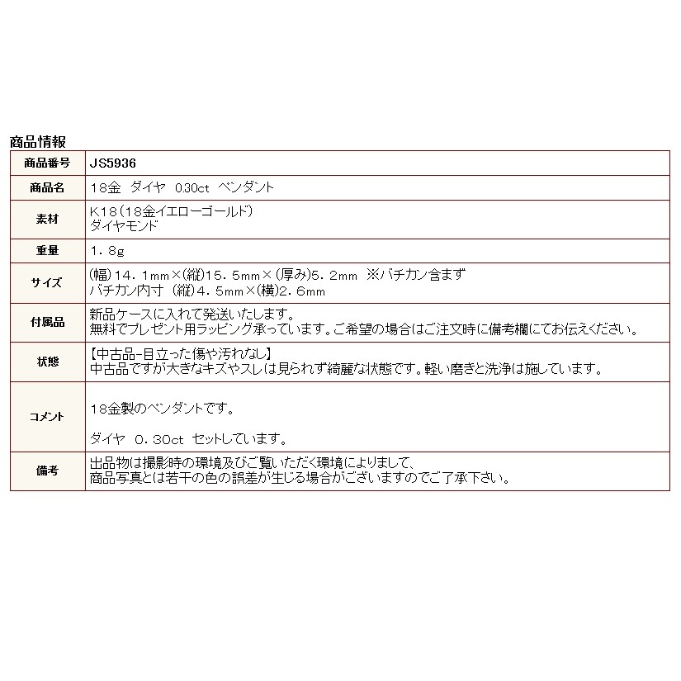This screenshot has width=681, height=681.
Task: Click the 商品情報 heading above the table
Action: (x=38, y=141)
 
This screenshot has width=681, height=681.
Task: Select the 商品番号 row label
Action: (x=48, y=163)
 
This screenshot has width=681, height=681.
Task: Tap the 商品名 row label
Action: (x=48, y=187)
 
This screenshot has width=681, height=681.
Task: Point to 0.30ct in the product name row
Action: (x=182, y=187)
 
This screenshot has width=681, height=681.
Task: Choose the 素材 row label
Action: (x=48, y=218)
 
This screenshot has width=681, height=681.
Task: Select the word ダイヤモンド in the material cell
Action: (x=124, y=225)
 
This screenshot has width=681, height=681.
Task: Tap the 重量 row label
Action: (x=48, y=249)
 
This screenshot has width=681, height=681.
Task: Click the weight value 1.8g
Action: (x=107, y=249)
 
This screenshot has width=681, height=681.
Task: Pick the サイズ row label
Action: (x=48, y=282)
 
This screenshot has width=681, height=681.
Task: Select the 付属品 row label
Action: (x=48, y=322)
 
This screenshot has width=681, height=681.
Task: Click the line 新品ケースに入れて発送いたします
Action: (x=191, y=314)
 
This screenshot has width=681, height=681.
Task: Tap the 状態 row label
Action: (x=48, y=362)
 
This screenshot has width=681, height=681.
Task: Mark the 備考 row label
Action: (x=48, y=470)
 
